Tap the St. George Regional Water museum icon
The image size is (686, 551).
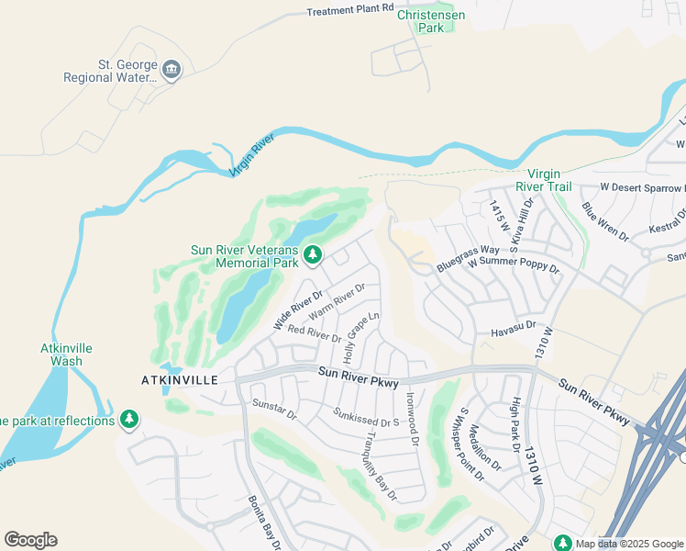pyautogui.click(x=171, y=70)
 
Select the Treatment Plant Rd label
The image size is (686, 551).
pyautogui.click(x=349, y=9)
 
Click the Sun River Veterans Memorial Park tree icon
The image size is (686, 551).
pyautogui.click(x=313, y=253)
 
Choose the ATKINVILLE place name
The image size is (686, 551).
pyautogui.click(x=179, y=379)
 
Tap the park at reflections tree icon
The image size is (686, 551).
pyautogui.click(x=129, y=420)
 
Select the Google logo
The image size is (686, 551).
pyautogui.click(x=30, y=540)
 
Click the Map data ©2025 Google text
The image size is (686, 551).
pyautogui.click(x=628, y=544)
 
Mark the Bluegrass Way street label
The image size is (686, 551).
pyautogui.click(x=468, y=250)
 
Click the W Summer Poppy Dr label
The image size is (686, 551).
pyautogui.click(x=513, y=265)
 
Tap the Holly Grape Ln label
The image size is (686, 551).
pyautogui.click(x=361, y=337)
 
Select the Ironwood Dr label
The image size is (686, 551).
pyautogui.click(x=411, y=421)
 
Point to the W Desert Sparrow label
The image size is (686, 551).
pyautogui.click(x=642, y=187)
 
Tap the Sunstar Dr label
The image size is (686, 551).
pyautogui.click(x=275, y=409)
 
